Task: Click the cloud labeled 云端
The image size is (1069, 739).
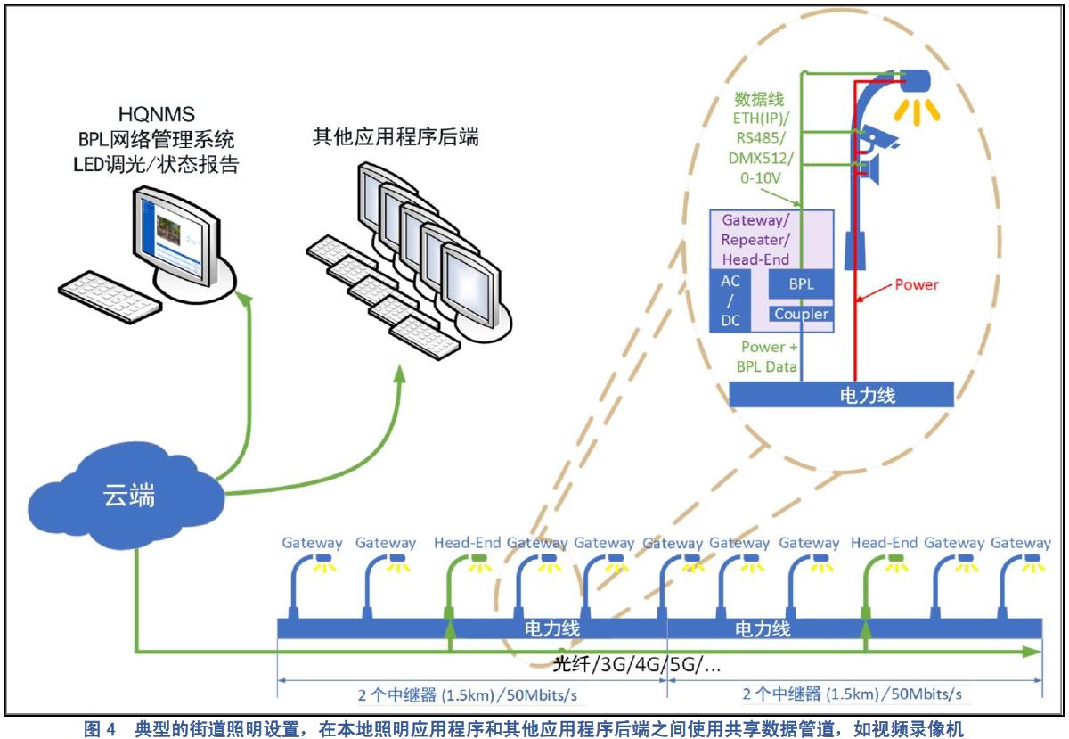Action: tap(126, 498)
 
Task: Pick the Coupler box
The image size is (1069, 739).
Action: tap(801, 314)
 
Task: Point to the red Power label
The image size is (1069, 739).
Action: tap(917, 284)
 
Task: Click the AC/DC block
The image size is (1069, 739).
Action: tap(731, 300)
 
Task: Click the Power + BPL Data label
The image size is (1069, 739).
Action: tap(763, 357)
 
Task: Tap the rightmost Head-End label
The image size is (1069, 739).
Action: tap(884, 542)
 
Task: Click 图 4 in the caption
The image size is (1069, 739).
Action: tap(100, 729)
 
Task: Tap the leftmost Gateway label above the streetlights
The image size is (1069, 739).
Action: tap(312, 542)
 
